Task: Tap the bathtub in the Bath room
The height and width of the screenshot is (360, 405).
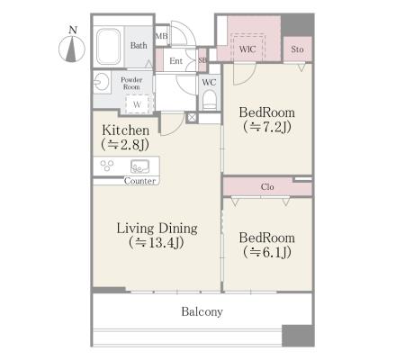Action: click(x=108, y=47)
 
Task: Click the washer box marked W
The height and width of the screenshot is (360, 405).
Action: click(x=137, y=104)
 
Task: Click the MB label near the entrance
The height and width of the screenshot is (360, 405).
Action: click(x=162, y=36)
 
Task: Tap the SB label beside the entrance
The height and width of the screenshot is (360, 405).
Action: click(x=202, y=60)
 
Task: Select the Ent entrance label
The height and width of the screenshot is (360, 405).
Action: click(x=175, y=61)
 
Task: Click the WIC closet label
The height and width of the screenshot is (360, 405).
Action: click(x=247, y=49)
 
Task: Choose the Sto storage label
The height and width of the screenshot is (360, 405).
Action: click(x=297, y=49)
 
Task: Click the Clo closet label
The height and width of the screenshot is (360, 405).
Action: click(x=267, y=187)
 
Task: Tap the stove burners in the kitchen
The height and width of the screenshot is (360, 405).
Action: click(x=107, y=166)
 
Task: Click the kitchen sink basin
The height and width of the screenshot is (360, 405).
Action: click(x=139, y=166)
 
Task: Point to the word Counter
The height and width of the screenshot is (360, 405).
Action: click(x=140, y=181)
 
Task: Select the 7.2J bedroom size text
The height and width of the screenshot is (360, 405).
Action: click(x=267, y=127)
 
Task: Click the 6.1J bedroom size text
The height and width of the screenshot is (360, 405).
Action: click(x=267, y=252)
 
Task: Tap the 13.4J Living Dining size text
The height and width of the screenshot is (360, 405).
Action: click(x=157, y=243)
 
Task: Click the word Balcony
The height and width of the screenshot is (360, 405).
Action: click(x=202, y=311)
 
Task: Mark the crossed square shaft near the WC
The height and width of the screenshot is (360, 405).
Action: click(x=192, y=118)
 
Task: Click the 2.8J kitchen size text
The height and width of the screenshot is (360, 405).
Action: click(x=125, y=145)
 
